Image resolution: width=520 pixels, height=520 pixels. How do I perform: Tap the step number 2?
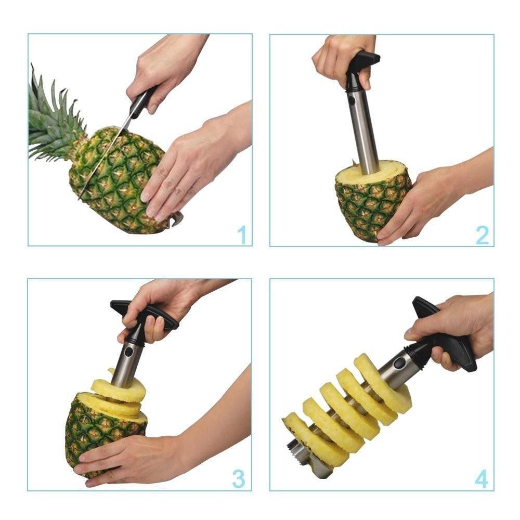[482, 235]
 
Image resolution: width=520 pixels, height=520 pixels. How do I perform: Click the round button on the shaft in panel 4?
[399, 363]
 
